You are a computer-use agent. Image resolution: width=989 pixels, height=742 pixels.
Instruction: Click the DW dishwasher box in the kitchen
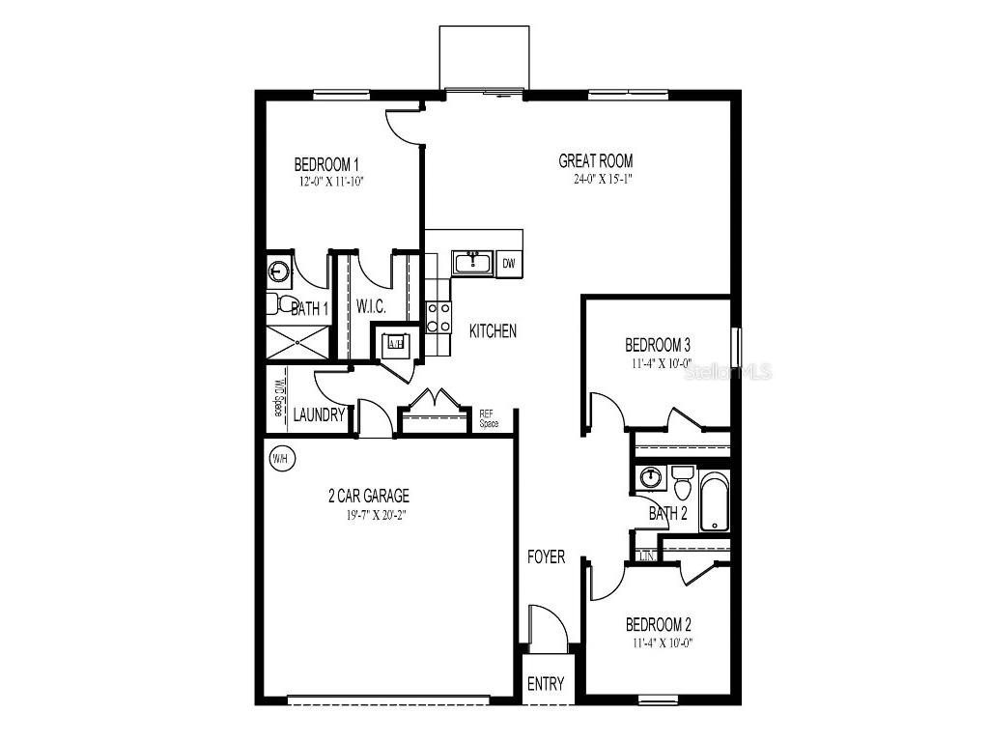[x=509, y=263]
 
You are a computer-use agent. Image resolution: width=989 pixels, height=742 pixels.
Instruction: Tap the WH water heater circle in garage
[x=280, y=458]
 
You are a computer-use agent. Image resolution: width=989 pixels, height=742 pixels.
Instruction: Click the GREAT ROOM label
[x=596, y=161]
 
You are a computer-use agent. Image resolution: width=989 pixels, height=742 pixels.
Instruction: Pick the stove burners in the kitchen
[x=438, y=317]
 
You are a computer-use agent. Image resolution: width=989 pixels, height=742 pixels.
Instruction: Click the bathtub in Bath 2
[x=715, y=501]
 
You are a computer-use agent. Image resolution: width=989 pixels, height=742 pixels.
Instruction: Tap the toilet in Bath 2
[x=683, y=482]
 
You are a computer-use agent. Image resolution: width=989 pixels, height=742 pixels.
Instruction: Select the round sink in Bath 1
[x=279, y=271]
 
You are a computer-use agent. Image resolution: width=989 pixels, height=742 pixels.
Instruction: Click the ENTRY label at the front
[x=546, y=684]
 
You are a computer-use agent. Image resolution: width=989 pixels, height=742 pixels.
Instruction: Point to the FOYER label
[x=546, y=557]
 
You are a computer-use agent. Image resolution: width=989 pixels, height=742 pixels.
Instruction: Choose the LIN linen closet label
[x=646, y=557]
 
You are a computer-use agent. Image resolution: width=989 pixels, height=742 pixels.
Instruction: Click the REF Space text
[x=489, y=418]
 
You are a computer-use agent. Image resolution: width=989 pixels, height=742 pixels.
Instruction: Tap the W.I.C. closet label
[x=371, y=307]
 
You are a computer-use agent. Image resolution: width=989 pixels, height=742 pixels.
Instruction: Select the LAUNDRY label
[x=320, y=415]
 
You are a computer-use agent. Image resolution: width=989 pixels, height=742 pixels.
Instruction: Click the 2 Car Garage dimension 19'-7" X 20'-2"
[x=368, y=515]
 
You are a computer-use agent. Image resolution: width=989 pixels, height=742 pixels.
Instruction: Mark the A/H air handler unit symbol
[x=395, y=342]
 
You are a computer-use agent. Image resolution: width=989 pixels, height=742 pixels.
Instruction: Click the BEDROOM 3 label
[x=658, y=345]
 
